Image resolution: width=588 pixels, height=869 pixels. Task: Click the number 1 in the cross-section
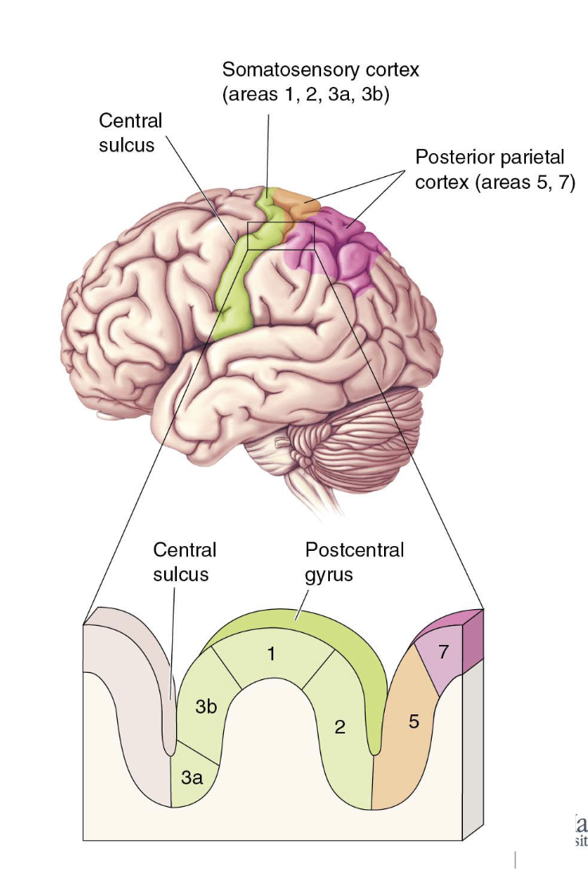tap(271, 655)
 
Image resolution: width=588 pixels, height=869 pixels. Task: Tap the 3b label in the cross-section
tap(206, 706)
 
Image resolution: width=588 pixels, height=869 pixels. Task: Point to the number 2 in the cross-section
tap(339, 726)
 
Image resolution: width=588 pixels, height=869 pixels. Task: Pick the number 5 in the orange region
tap(414, 722)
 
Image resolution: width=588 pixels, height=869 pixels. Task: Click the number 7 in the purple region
tap(445, 651)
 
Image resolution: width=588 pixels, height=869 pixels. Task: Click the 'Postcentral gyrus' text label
tap(355, 562)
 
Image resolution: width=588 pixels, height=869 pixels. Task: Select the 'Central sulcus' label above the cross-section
tap(184, 562)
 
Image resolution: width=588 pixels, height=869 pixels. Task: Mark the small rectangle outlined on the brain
tap(281, 236)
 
